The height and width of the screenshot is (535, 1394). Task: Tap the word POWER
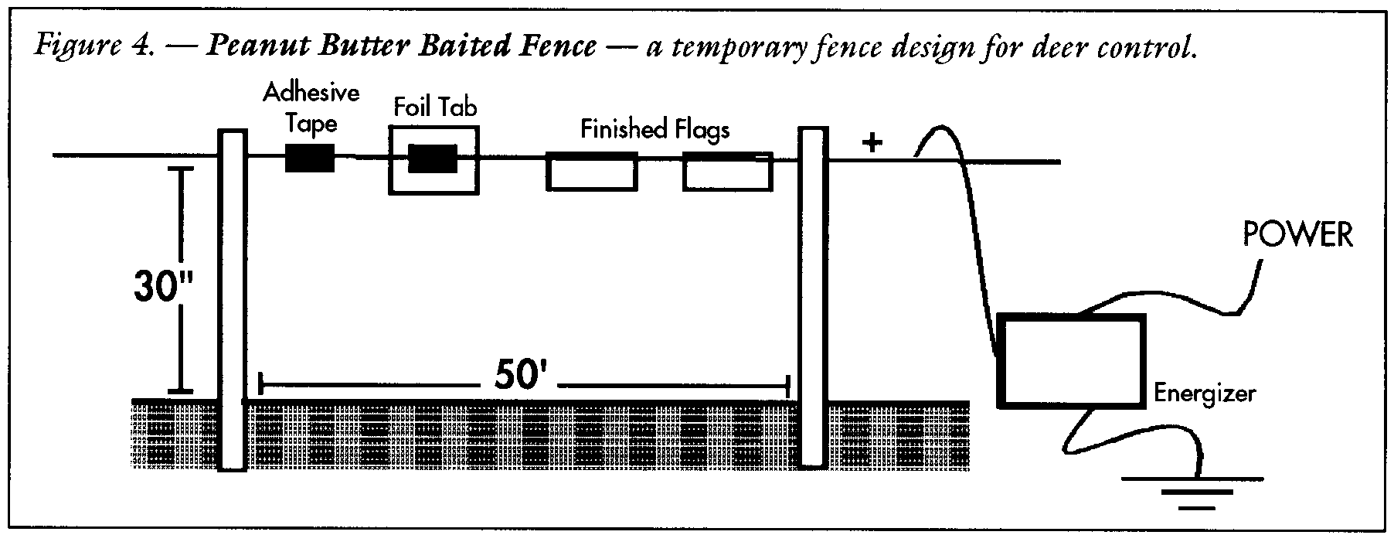pos(1297,235)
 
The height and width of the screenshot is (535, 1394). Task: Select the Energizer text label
pos(1205,394)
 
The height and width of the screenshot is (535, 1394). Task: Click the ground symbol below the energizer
pos(1192,492)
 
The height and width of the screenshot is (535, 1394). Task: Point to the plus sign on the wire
pos(872,143)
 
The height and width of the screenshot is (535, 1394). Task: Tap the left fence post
pos(233,300)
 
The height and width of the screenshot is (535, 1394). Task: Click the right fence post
pos(812,298)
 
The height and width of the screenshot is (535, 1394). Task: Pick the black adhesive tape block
pos(311,158)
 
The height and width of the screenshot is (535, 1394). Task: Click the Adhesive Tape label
pos(311,108)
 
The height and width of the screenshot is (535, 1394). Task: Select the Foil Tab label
pos(435,106)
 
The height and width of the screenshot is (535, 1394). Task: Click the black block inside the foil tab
pos(433,158)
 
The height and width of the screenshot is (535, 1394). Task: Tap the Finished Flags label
pos(655,128)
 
